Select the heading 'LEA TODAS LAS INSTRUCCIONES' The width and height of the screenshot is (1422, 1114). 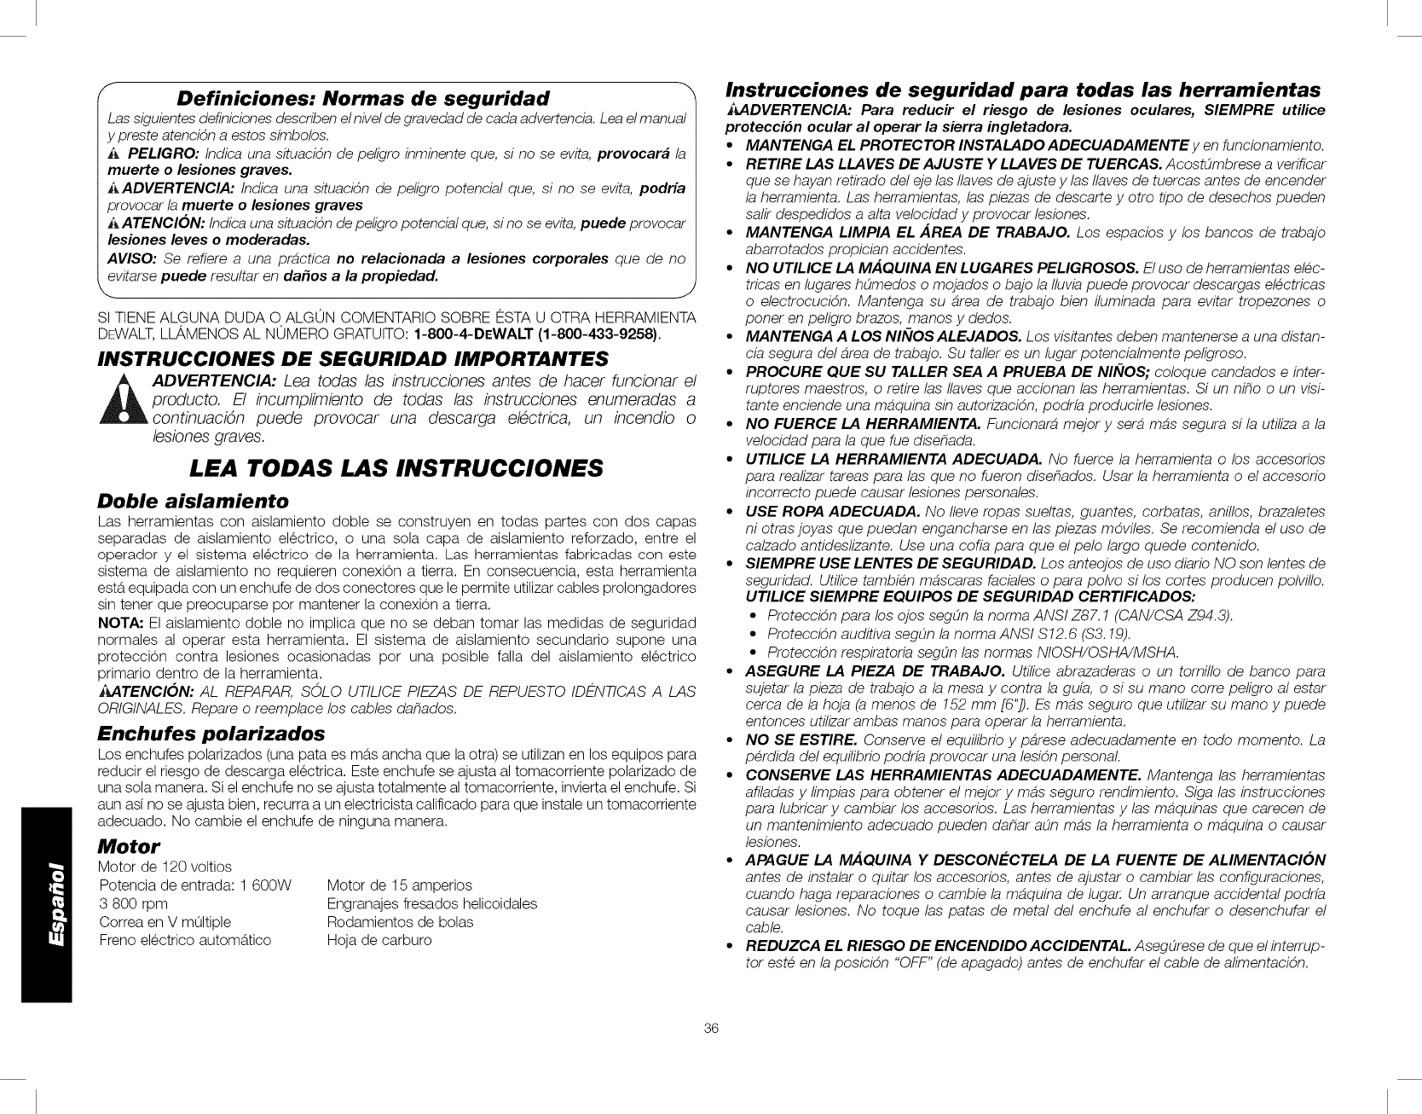click(x=397, y=468)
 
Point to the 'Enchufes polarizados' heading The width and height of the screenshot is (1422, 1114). click(x=211, y=733)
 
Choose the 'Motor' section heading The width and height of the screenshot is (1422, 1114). click(x=129, y=846)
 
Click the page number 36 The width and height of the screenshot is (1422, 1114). click(x=712, y=1029)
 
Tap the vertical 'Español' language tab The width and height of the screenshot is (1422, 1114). click(x=46, y=906)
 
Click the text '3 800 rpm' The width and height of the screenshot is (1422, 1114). click(x=134, y=902)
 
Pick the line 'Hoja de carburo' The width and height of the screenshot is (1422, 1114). click(x=379, y=940)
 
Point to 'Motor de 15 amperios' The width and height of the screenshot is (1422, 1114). click(x=399, y=885)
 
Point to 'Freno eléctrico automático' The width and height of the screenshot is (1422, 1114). click(x=185, y=940)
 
